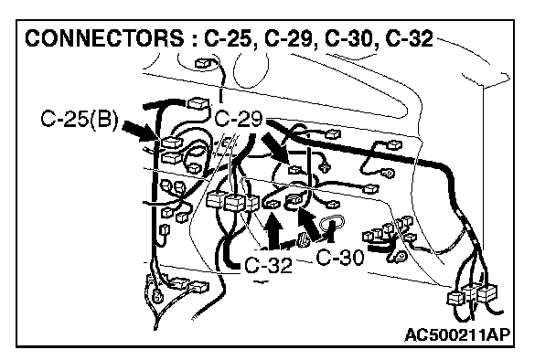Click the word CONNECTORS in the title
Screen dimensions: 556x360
(x=104, y=37)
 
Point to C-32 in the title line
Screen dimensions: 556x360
(x=410, y=38)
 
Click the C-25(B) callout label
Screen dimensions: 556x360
(x=80, y=119)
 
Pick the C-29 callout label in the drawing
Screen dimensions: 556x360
(x=239, y=119)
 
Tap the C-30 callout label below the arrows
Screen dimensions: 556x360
(x=339, y=258)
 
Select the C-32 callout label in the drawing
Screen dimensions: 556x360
(x=269, y=265)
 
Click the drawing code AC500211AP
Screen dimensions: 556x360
(x=457, y=334)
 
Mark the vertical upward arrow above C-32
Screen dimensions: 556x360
(x=273, y=230)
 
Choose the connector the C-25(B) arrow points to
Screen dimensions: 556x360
(x=171, y=143)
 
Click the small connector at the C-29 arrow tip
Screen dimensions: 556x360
(x=295, y=170)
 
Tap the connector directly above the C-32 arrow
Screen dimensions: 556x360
(x=272, y=204)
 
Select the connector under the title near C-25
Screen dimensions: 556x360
(x=204, y=63)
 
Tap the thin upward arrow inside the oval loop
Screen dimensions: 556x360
(x=332, y=231)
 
